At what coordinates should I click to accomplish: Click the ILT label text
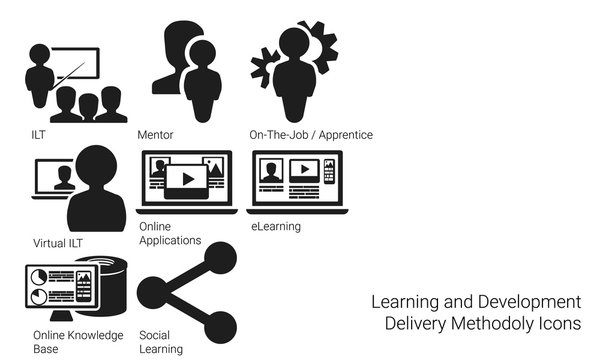click(38, 134)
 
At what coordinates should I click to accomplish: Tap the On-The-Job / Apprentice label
click(310, 134)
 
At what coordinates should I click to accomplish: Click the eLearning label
click(276, 227)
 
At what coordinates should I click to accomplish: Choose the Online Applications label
click(170, 234)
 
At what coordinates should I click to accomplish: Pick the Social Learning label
click(161, 341)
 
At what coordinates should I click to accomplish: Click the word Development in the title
click(533, 301)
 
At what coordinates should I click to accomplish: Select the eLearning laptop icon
click(295, 182)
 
